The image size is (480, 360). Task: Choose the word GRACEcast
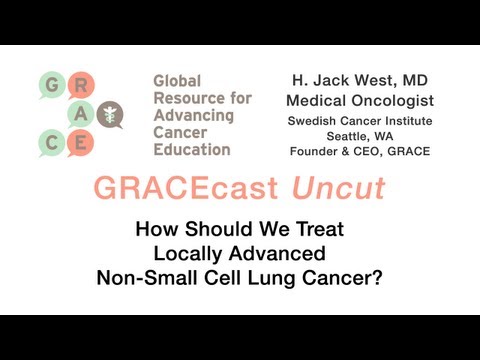pos(173,189)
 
